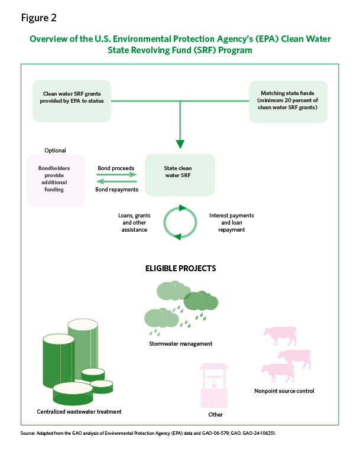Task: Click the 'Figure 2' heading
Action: click(38, 18)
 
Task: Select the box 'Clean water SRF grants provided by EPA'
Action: click(72, 101)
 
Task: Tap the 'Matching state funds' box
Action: click(288, 102)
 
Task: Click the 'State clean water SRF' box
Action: click(180, 175)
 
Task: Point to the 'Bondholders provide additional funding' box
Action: click(56, 180)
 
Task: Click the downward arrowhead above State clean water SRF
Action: click(180, 144)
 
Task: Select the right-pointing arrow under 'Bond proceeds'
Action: click(116, 174)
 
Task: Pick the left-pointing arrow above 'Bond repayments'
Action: click(116, 181)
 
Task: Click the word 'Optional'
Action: click(55, 151)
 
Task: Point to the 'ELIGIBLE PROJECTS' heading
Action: click(180, 268)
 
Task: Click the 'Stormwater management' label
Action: click(180, 344)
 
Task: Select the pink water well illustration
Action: click(214, 385)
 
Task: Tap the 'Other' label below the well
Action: click(216, 415)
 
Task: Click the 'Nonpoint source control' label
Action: click(284, 391)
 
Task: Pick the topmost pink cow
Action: click(280, 336)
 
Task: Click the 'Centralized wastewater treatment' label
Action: click(79, 412)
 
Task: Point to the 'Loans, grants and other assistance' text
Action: click(134, 223)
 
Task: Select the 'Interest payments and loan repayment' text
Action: click(231, 223)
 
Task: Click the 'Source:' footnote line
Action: click(148, 433)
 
